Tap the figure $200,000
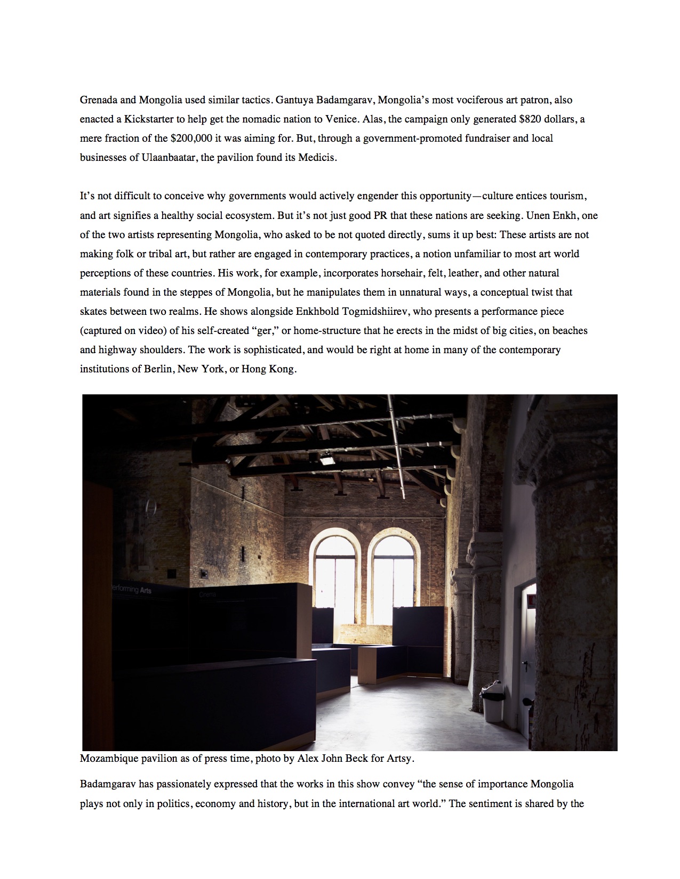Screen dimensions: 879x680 point(191,138)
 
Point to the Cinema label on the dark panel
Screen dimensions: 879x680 point(207,594)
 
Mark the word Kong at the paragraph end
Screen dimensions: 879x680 point(283,369)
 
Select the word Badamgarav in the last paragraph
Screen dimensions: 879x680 point(108,784)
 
